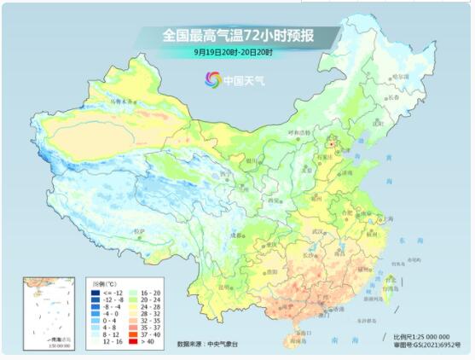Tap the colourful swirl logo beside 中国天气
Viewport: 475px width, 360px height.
pyautogui.click(x=212, y=79)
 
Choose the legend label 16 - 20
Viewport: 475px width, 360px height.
pyautogui.click(x=159, y=293)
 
